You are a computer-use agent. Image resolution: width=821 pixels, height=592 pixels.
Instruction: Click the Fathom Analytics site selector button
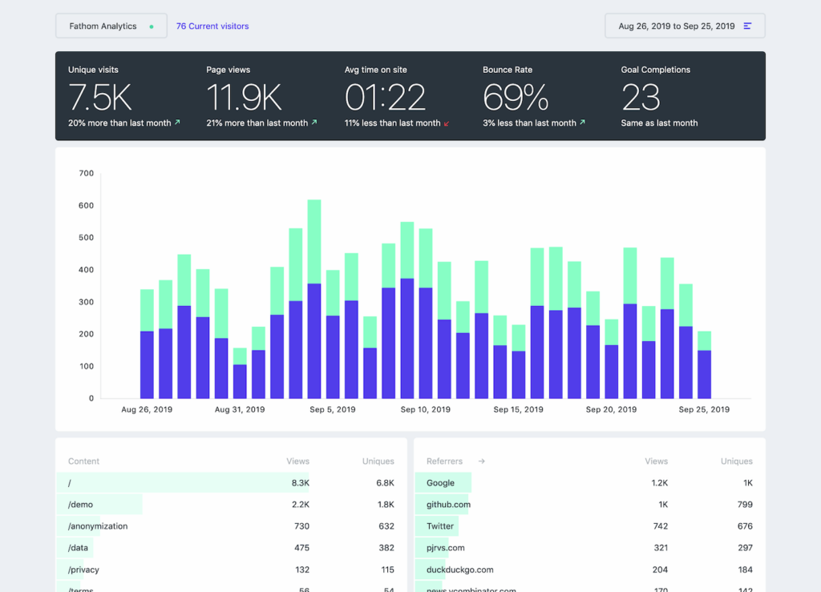click(x=111, y=26)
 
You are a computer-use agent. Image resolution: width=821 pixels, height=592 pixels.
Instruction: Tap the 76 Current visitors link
click(x=212, y=26)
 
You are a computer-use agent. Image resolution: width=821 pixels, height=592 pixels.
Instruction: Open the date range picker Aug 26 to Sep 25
click(x=685, y=26)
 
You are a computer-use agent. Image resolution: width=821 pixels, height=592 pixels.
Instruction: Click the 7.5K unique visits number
click(x=100, y=98)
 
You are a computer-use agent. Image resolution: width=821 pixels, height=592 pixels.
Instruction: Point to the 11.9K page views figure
click(x=244, y=98)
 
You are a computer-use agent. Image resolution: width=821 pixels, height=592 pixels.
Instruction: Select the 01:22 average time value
click(x=385, y=98)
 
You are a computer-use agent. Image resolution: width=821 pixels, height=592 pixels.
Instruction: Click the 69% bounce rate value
click(x=516, y=98)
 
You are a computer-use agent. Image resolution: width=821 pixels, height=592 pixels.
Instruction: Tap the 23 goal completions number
click(x=641, y=98)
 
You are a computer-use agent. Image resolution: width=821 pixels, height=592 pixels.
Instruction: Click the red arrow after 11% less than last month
click(x=447, y=123)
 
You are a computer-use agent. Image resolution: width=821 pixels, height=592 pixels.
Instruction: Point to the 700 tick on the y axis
click(x=86, y=173)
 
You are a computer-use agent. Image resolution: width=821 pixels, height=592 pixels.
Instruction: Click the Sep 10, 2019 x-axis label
click(x=426, y=409)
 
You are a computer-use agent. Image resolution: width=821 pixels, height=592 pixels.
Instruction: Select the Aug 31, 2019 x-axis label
click(x=240, y=409)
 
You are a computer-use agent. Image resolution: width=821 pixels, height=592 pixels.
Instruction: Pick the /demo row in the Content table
click(x=79, y=505)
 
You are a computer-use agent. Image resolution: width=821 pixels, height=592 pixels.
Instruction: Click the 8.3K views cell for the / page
click(x=300, y=483)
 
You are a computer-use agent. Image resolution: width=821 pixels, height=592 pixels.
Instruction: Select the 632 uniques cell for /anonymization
click(x=386, y=526)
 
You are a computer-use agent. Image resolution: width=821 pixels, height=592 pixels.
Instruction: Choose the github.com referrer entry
click(x=448, y=505)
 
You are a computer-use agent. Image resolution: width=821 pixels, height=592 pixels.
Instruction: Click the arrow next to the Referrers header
click(x=482, y=461)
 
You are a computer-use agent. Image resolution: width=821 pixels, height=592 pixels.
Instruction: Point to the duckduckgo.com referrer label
click(x=459, y=570)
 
